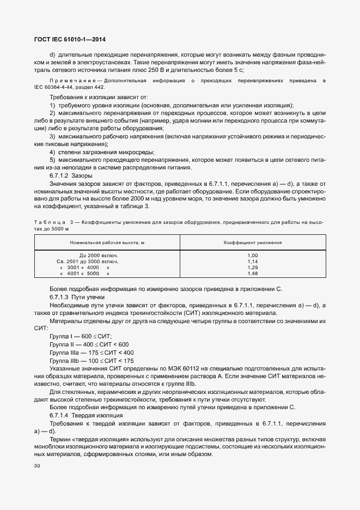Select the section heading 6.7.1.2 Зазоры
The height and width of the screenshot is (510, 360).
click(71, 176)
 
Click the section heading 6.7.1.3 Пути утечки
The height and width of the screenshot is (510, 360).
click(76, 297)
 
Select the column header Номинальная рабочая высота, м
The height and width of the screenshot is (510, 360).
click(107, 242)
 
